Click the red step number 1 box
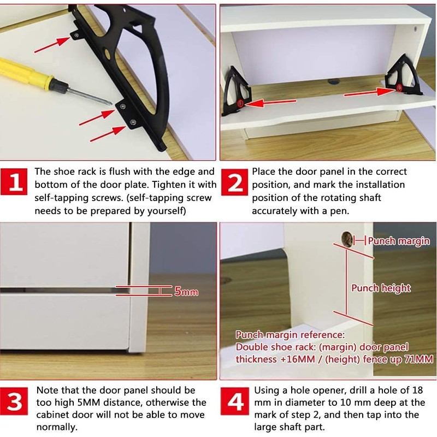pos(17,184)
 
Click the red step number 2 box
pos(235,184)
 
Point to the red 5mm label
pos(186,292)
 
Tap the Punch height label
pos(381,288)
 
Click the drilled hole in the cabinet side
pos(347,237)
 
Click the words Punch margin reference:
pos(290,335)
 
